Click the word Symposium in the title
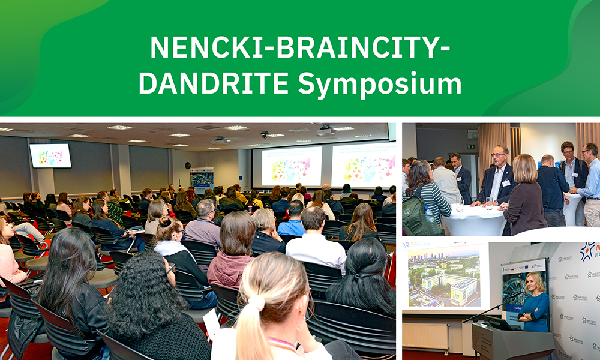[x=380, y=84]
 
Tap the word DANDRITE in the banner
[x=215, y=84]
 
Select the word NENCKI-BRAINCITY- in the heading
[x=300, y=47]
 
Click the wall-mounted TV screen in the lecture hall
[x=50, y=155]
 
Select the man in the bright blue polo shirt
[x=293, y=221]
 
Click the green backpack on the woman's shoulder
[x=414, y=216]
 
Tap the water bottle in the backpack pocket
[x=428, y=215]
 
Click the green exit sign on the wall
[x=472, y=146]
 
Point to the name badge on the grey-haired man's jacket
[x=506, y=182]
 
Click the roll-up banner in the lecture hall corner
[x=202, y=180]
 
